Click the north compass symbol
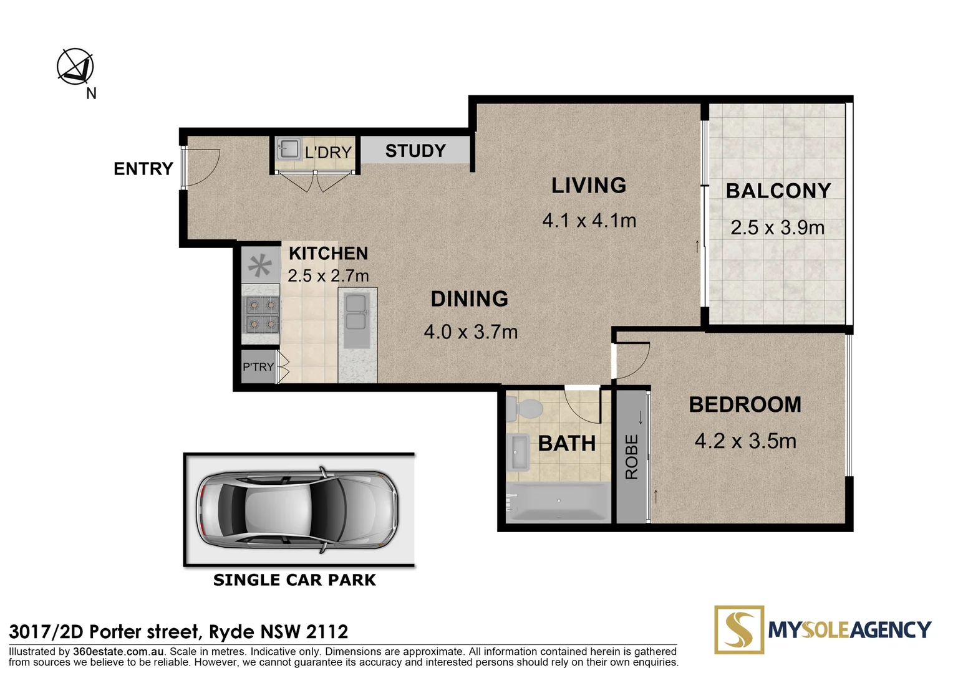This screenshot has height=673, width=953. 75,67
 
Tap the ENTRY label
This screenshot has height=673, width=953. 143,169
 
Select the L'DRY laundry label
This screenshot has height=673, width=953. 328,152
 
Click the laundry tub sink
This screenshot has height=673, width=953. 289,150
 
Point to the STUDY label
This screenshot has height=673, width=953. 415,151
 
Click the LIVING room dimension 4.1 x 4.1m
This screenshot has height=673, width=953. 589,221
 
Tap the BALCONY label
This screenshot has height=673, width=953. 778,191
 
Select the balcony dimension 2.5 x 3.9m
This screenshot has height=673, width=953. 777,227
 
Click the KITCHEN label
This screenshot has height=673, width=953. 328,254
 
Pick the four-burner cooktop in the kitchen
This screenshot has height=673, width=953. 262,315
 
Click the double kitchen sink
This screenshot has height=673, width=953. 356,313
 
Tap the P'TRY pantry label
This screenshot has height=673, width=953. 258,367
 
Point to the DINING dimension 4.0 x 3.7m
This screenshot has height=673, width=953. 470,332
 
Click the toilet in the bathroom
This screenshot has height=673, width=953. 525,409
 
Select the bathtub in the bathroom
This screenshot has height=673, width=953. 558,502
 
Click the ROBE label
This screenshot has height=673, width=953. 632,457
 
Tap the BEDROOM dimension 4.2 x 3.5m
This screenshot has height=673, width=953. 745,441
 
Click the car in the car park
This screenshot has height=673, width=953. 297,510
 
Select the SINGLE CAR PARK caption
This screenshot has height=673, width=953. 294,580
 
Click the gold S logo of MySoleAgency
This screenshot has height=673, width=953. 739,629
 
